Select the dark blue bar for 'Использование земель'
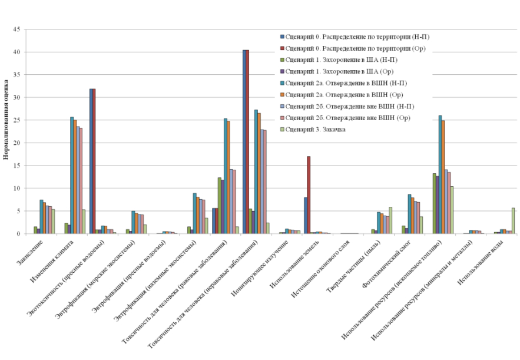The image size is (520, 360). pos(305,216)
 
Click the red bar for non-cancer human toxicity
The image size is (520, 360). pos(247,142)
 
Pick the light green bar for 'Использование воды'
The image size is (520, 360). pos(513,221)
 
